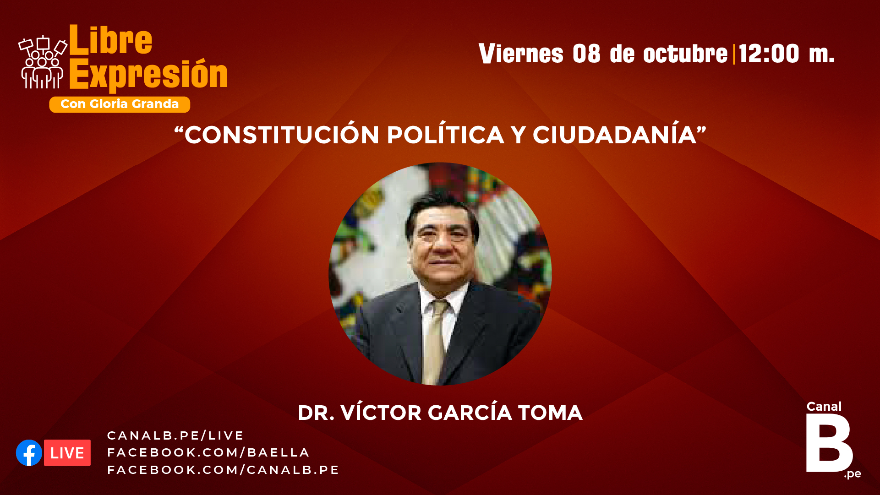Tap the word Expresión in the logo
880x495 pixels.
point(148,74)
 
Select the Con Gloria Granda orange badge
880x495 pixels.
point(120,104)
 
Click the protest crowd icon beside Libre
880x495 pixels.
point(43,62)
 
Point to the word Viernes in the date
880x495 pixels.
point(521,53)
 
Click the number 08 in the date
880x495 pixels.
point(586,53)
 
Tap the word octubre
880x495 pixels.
point(685,53)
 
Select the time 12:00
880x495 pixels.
point(769,53)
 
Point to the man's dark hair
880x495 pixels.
point(442,209)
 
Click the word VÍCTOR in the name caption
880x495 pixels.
point(381,413)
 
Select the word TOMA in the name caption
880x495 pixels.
point(550,413)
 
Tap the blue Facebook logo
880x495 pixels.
point(29,453)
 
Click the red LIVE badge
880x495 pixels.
point(67,453)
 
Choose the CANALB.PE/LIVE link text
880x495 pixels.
point(175,435)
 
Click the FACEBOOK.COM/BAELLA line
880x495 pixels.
point(208,452)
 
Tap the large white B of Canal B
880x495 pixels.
point(828,443)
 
